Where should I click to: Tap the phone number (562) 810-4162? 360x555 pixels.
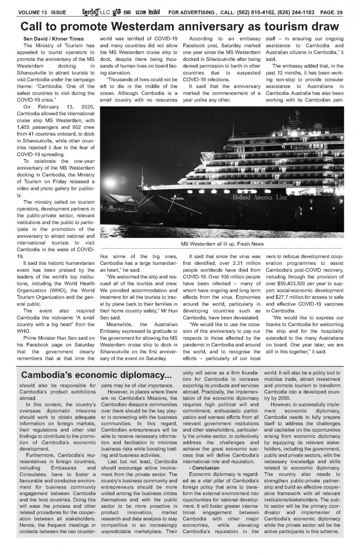pyautogui.click(x=250, y=12)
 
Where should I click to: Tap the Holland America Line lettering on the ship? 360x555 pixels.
pyautogui.click(x=260, y=197)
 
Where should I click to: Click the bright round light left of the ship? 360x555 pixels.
pyautogui.click(x=109, y=182)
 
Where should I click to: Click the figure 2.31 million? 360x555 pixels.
pyautogui.click(x=245, y=264)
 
